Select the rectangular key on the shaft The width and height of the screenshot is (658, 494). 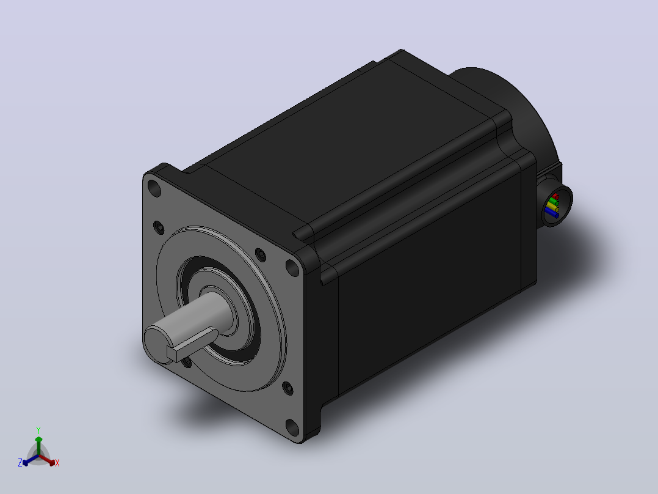coord(192,345)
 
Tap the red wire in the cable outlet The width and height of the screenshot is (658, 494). coord(555,196)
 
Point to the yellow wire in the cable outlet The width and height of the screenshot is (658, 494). coord(552,208)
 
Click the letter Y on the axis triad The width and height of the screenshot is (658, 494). coord(38,430)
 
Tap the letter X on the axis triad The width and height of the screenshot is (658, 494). coord(57,463)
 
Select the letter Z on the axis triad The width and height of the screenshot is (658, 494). coord(20,463)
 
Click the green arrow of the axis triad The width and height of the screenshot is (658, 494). coord(38,445)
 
